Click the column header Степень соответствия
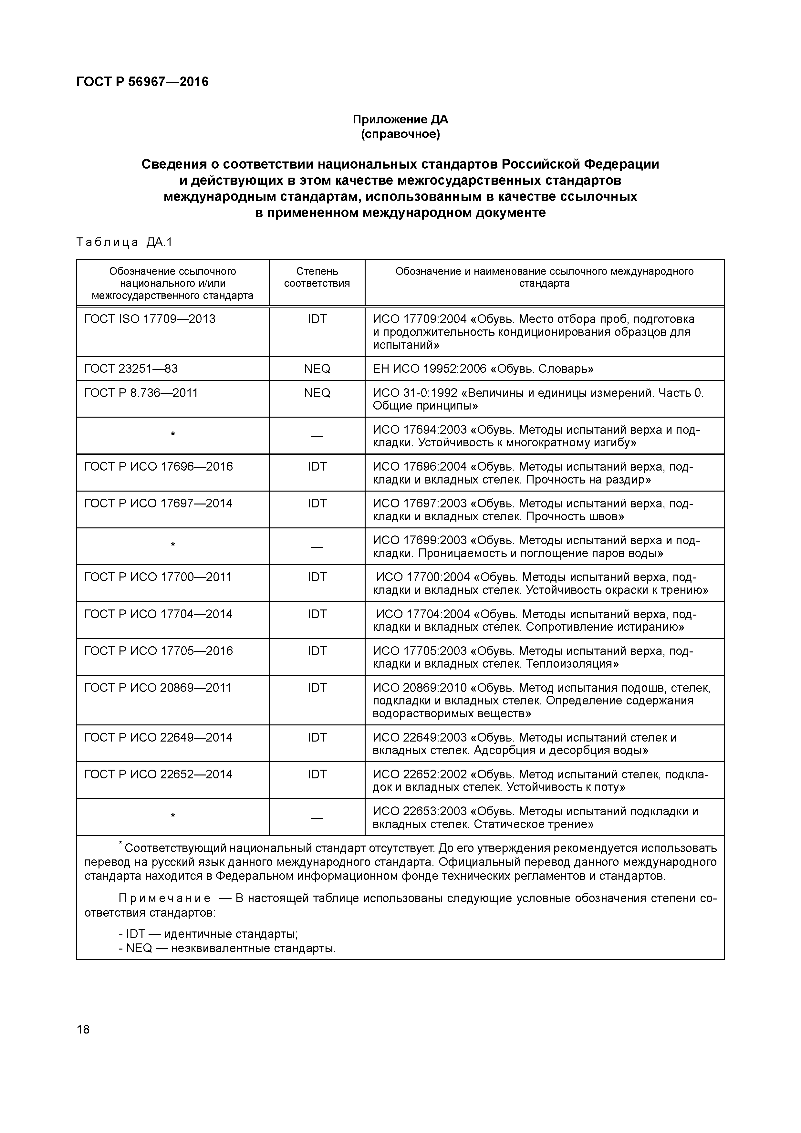pos(317,277)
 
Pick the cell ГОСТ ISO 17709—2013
pos(150,319)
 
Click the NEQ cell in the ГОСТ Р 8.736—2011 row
pos(317,393)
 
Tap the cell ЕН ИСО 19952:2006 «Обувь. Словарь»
pos(483,369)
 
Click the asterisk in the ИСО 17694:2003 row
pos(173,435)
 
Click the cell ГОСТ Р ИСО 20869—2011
pos(158,688)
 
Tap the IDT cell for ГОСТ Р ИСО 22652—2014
pos(317,774)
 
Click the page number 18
pos(83,1029)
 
